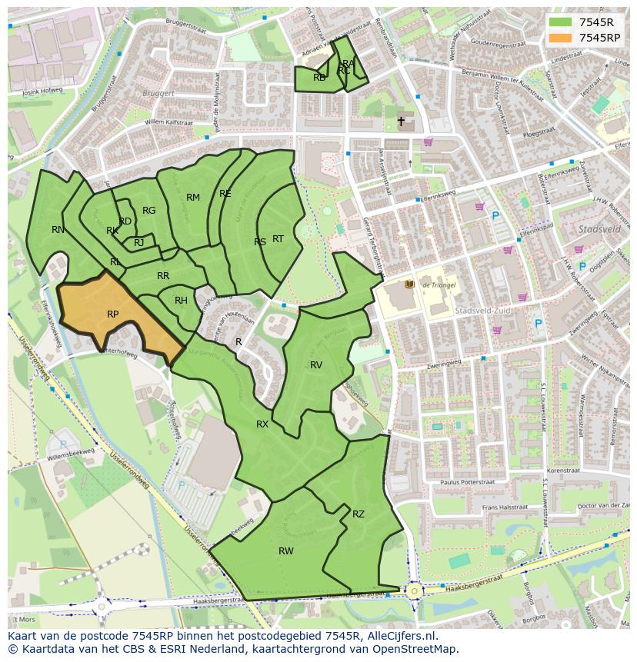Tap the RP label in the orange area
point(113,314)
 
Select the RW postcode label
point(286,551)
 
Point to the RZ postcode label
point(359,514)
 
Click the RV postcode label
point(316,364)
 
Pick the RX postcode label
point(262,424)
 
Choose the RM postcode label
point(193,198)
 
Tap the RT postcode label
point(278,239)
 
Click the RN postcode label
point(58,229)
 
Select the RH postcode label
point(181,301)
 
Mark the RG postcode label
point(149,210)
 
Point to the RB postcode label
point(319,77)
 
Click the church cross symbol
point(401,121)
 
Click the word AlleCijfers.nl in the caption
point(399,636)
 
